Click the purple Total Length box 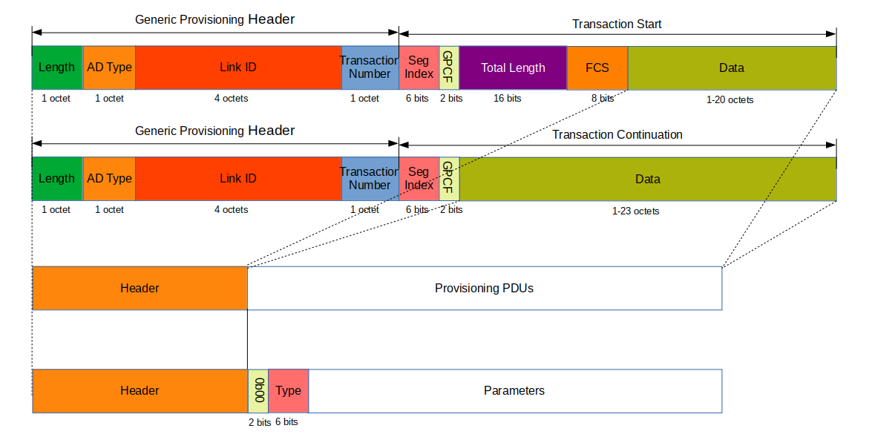(513, 68)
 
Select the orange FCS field (597, 68)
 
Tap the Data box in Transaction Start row (732, 68)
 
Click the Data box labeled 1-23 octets (647, 179)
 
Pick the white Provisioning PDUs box (484, 288)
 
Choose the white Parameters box (514, 391)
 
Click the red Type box (288, 391)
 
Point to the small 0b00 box (258, 391)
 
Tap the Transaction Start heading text (617, 24)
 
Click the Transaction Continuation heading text (617, 135)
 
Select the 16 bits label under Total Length (508, 99)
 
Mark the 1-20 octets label (730, 99)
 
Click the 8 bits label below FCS (602, 99)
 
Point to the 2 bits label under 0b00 (260, 422)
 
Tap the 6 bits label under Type (286, 422)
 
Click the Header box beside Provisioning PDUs (140, 288)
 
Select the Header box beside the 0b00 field (140, 391)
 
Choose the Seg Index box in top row (419, 68)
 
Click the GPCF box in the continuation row (449, 179)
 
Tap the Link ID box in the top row (238, 68)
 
